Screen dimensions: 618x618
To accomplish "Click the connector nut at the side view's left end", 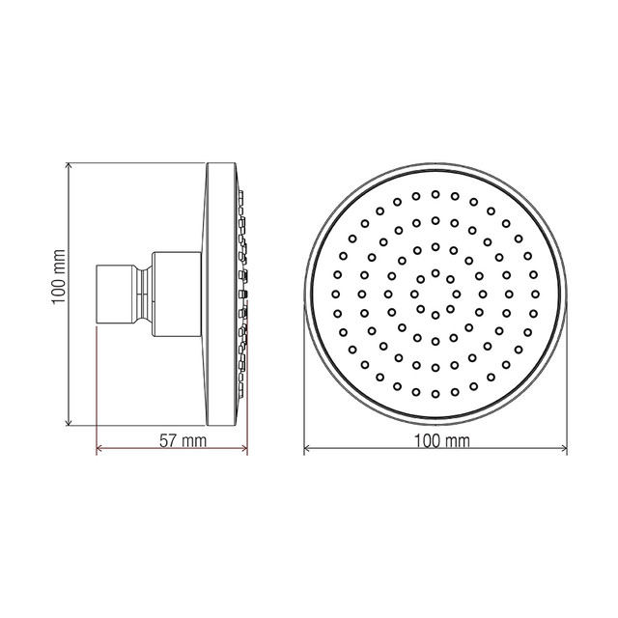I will tap(118, 294).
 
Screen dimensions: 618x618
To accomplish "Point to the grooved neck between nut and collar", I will tap(144, 294).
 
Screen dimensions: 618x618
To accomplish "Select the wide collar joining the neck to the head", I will tap(179, 294).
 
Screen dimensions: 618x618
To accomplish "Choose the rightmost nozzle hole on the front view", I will tap(536, 294).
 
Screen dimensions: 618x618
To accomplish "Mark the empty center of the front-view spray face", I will tap(435, 294).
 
